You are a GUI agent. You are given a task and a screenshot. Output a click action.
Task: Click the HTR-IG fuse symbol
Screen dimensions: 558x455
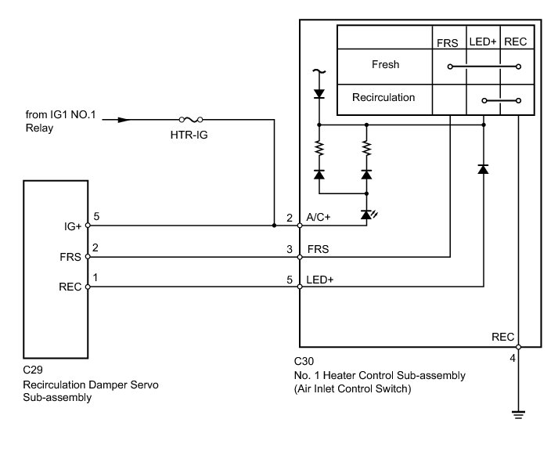point(191,120)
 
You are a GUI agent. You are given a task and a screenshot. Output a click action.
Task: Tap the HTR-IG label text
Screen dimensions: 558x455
point(189,135)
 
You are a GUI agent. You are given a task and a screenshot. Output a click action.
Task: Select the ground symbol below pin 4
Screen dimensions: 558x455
point(518,414)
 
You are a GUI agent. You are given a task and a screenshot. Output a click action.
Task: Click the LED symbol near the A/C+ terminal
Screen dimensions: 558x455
point(368,215)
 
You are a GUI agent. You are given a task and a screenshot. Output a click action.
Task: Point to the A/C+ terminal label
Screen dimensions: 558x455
point(319,217)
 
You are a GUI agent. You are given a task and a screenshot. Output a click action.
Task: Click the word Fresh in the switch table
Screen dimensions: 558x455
point(385,64)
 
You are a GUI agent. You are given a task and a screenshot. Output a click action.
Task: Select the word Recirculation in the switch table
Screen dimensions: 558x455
point(383,97)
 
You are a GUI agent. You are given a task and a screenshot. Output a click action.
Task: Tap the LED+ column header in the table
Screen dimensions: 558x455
point(483,42)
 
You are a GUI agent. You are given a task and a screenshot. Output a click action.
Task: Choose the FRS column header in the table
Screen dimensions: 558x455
point(448,43)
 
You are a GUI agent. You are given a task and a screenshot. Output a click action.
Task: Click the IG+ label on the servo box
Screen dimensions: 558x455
point(73,226)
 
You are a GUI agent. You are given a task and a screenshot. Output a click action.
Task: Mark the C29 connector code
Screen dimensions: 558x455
point(33,370)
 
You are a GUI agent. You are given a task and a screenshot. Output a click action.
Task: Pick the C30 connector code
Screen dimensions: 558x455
point(304,361)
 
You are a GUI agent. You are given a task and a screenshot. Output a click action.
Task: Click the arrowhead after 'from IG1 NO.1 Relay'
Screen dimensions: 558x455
point(123,120)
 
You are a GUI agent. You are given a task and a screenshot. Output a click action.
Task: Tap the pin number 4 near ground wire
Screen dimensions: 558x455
point(513,358)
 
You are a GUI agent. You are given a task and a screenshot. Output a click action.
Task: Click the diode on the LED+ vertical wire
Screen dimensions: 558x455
point(483,169)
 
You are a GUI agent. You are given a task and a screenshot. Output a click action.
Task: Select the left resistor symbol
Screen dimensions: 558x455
point(319,148)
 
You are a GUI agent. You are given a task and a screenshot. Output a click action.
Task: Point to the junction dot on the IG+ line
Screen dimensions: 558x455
point(274,226)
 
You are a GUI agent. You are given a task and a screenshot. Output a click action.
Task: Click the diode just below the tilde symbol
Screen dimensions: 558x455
point(319,94)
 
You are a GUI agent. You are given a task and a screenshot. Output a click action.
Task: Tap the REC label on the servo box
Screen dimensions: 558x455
point(70,287)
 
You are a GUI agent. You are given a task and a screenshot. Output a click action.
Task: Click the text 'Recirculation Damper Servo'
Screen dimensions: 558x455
point(91,385)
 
